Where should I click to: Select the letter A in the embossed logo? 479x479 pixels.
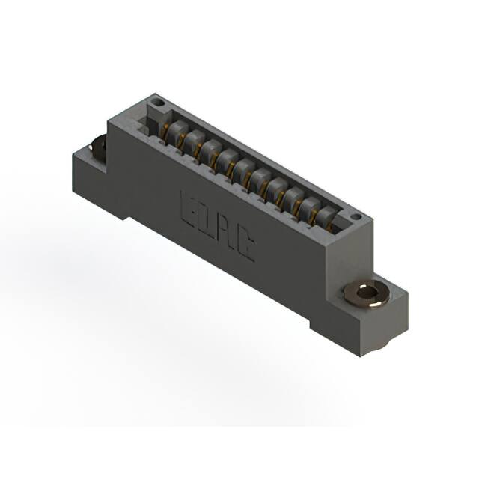tap(225, 233)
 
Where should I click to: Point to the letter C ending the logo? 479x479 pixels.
tap(244, 247)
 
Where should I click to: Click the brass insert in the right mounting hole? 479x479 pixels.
tap(366, 292)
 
